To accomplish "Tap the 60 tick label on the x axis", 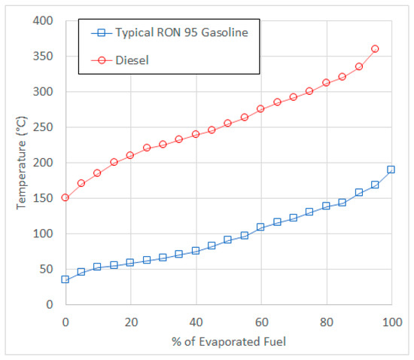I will [260, 322].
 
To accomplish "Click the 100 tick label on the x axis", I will [390, 322].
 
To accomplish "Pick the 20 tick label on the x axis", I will [130, 322].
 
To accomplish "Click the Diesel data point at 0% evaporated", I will [65, 197].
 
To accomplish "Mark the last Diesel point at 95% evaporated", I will [375, 49].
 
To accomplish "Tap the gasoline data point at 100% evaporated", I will [391, 169].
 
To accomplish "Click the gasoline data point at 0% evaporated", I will [65, 279].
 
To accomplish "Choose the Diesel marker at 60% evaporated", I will [260, 108].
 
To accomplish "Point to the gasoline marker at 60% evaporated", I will [260, 227].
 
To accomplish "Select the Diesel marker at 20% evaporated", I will [130, 155].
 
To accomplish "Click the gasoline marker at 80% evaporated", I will [326, 206].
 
